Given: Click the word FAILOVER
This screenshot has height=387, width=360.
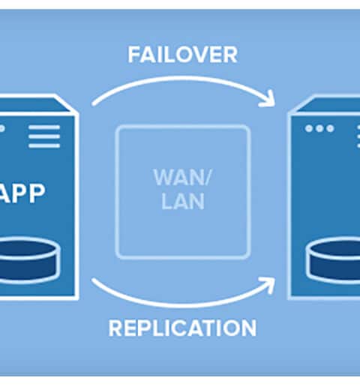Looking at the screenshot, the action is pyautogui.click(x=182, y=55).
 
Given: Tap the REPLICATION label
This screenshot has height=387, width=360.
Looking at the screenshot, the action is pyautogui.click(x=182, y=328).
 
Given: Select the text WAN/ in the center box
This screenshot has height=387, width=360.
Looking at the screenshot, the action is pyautogui.click(x=182, y=177).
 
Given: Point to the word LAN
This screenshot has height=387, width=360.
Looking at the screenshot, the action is pyautogui.click(x=183, y=201).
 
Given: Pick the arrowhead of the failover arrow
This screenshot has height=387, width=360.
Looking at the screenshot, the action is pyautogui.click(x=268, y=99).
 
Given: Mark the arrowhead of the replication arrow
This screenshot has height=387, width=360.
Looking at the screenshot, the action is pyautogui.click(x=268, y=284).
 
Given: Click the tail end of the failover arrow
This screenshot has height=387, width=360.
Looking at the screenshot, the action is pyautogui.click(x=94, y=103).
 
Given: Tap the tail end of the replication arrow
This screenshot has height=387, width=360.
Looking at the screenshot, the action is pyautogui.click(x=94, y=280).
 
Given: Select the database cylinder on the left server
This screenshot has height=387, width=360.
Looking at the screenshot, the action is pyautogui.click(x=28, y=260).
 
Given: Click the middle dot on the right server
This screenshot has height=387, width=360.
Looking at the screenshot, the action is pyautogui.click(x=319, y=128).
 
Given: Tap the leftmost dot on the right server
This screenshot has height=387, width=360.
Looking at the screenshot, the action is pyautogui.click(x=309, y=128).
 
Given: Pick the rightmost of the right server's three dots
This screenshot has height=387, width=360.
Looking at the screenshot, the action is pyautogui.click(x=330, y=128).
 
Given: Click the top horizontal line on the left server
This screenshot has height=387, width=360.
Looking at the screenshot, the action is pyautogui.click(x=44, y=127).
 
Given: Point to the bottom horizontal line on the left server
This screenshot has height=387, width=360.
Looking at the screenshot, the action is pyautogui.click(x=44, y=145).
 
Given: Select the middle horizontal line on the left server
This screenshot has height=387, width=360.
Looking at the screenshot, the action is pyautogui.click(x=44, y=136).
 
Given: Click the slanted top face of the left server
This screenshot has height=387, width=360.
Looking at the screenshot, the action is pyautogui.click(x=35, y=105).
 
